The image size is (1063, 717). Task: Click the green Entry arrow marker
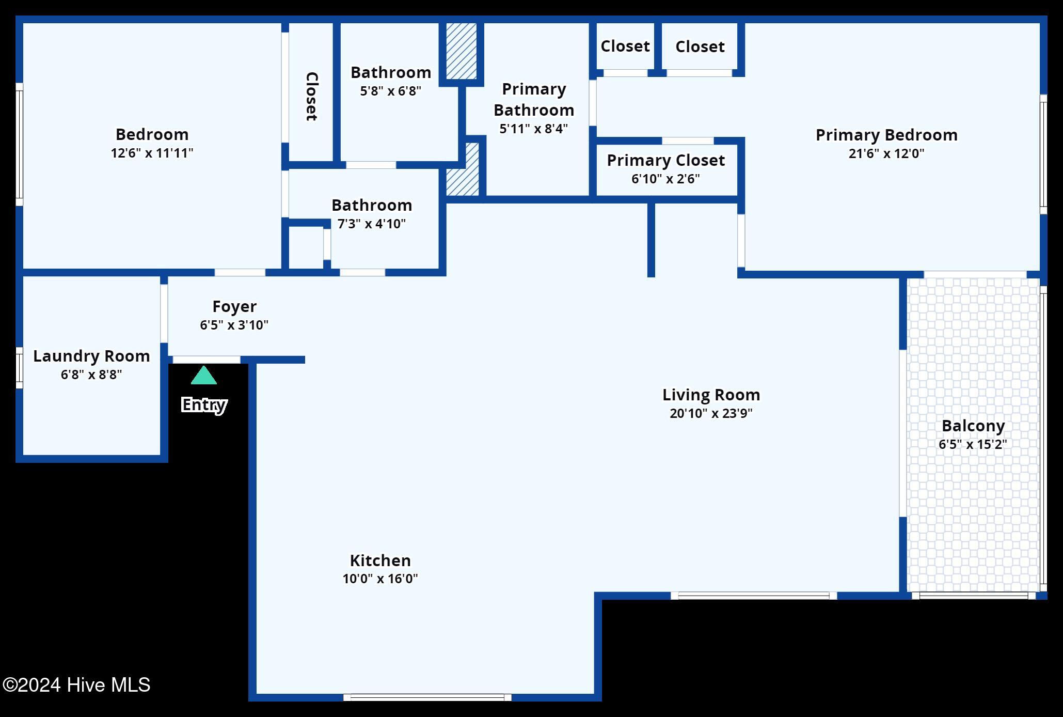coord(204,376)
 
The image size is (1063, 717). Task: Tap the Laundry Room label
coord(91,356)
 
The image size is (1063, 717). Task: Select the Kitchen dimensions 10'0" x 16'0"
coord(380,579)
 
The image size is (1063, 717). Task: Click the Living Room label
coord(711,395)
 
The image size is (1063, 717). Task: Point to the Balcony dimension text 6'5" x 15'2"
coord(973,444)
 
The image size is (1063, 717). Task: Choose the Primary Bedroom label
coord(886,135)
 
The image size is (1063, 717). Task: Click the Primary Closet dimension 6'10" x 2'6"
coord(665,179)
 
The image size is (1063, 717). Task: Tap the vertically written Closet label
coord(311,96)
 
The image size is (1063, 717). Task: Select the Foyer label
coord(234,306)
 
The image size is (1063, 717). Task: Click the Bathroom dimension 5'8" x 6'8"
coord(390,91)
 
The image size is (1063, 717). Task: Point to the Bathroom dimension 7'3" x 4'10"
coord(372,224)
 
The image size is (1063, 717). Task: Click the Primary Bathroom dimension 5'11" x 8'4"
coord(533,129)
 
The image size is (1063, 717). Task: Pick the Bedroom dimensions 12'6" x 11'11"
coord(152,153)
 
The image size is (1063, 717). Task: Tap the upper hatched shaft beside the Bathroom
coord(461,51)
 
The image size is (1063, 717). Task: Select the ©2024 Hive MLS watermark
coord(76,685)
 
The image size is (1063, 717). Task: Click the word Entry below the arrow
coord(204,404)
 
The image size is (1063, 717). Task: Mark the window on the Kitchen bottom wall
coord(427,697)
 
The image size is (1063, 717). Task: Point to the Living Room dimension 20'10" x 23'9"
coord(711,413)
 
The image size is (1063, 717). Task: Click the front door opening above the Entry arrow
coord(207,360)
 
